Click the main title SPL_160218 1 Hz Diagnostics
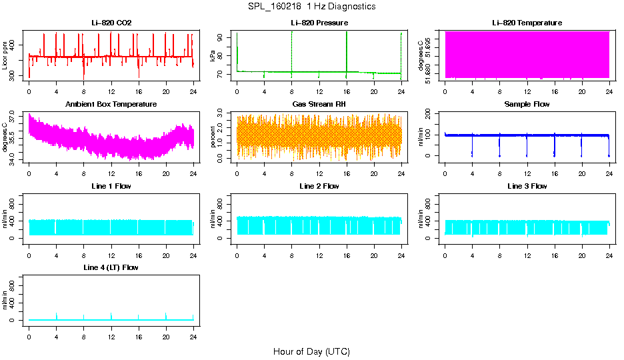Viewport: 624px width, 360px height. click(311, 7)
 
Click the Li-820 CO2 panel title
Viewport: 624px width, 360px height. click(111, 23)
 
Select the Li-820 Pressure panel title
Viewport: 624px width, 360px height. click(319, 23)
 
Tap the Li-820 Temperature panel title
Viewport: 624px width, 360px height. click(527, 23)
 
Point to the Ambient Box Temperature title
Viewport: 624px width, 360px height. click(111, 105)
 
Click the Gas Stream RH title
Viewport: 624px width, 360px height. click(319, 105)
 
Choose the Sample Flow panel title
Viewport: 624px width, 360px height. click(527, 105)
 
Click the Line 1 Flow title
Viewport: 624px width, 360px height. click(111, 186)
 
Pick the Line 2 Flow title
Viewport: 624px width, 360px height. click(319, 186)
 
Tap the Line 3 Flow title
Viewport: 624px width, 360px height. click(527, 186)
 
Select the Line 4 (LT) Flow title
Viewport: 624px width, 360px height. click(111, 267)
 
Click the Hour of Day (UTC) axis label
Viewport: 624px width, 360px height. click(311, 351)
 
